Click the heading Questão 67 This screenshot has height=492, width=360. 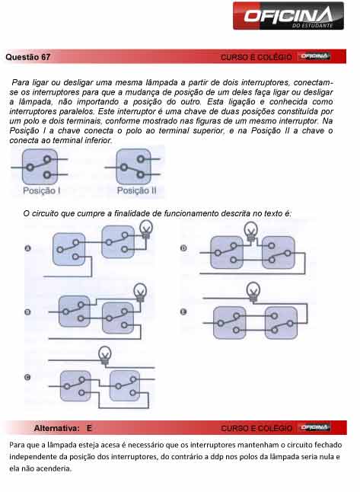[28, 57]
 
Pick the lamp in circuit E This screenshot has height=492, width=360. [252, 290]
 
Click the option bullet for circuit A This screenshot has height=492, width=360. [28, 249]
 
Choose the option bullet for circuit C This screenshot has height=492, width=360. [28, 378]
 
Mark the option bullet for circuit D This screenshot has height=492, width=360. [183, 249]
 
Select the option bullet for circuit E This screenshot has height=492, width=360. [183, 312]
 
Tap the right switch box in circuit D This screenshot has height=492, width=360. [278, 251]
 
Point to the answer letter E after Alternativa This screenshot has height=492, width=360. [89, 429]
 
